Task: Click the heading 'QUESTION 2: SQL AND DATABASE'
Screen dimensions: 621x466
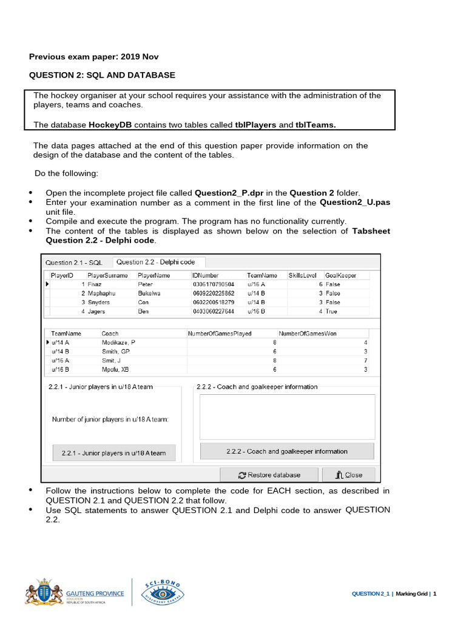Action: pos(103,75)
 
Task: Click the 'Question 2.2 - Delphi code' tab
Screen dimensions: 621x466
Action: pos(156,262)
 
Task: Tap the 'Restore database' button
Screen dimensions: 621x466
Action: pos(269,475)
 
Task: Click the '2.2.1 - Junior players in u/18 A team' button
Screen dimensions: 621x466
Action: pos(113,452)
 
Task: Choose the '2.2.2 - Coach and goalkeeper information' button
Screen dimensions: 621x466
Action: pos(287,451)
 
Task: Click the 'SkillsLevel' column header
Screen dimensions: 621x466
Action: pos(302,275)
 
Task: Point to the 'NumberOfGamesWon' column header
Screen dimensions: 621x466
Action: pos(308,334)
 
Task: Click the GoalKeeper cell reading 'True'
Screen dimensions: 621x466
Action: pos(331,311)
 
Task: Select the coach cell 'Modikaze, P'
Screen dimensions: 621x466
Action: pos(118,343)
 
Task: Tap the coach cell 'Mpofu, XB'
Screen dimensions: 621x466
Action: pos(115,369)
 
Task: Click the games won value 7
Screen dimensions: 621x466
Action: pos(365,360)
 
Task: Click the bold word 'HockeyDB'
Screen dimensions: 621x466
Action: pos(110,125)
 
